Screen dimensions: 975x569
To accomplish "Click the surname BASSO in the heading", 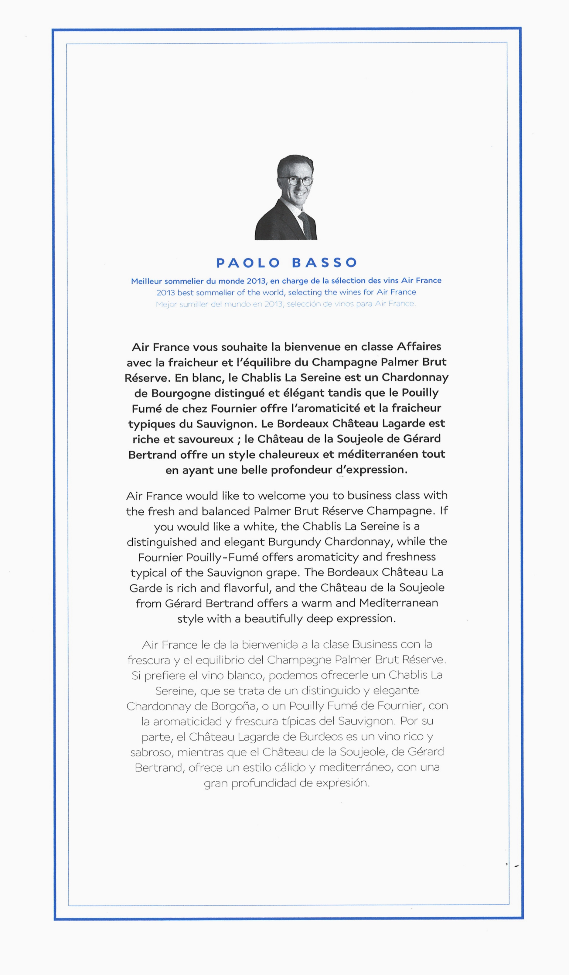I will point(325,263).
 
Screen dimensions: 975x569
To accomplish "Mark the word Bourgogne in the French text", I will point(181,393).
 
